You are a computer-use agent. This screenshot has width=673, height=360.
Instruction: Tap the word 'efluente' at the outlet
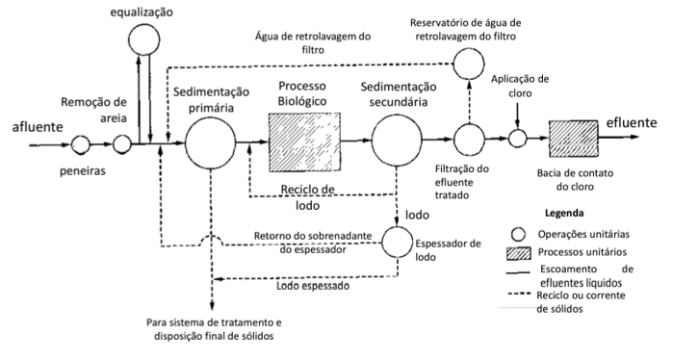[632, 123]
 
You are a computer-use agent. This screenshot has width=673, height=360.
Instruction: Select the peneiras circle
[81, 144]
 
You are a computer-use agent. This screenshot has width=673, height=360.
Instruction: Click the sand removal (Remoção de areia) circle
[122, 144]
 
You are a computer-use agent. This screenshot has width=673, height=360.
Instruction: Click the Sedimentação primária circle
[212, 144]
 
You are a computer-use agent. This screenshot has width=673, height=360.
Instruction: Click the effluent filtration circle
[471, 141]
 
